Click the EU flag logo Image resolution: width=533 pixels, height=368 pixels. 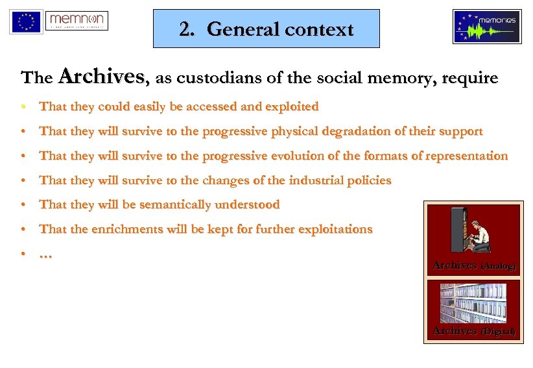click(26, 21)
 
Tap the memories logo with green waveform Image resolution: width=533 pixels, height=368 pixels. click(487, 27)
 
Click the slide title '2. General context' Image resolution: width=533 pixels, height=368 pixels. click(266, 29)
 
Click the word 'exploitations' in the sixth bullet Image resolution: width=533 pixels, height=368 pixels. click(334, 229)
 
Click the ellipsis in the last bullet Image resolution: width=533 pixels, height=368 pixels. click(45, 254)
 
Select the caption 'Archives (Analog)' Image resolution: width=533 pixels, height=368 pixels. click(474, 265)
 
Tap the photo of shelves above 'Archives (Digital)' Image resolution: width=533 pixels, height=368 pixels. click(473, 302)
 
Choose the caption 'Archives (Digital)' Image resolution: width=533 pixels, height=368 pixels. click(474, 332)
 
